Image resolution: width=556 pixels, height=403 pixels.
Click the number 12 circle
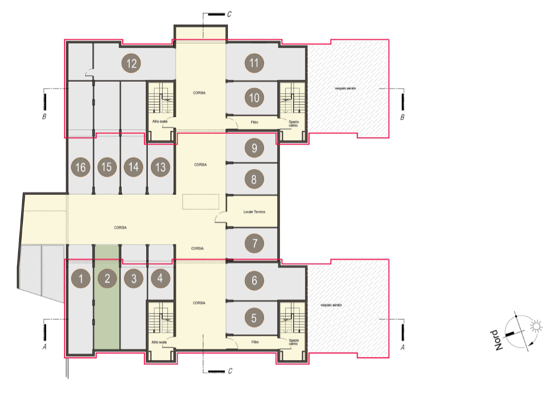[x=131, y=64]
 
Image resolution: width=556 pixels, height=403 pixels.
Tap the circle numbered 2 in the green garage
[x=107, y=278]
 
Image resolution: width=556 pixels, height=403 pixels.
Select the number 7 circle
[x=254, y=243]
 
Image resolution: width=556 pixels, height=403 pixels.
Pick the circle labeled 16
[x=81, y=167]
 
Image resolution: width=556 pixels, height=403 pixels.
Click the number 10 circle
[x=254, y=98]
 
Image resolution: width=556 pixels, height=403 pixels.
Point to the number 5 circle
[x=254, y=318]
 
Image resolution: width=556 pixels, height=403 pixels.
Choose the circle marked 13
[x=160, y=167]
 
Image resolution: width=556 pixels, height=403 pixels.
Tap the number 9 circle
[x=254, y=148]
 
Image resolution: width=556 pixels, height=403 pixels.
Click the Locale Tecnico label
[x=254, y=212]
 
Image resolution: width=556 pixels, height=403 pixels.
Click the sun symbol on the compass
[x=536, y=326]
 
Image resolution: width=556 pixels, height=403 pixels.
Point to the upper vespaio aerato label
[x=345, y=88]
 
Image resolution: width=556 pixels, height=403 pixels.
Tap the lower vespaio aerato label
[x=331, y=305]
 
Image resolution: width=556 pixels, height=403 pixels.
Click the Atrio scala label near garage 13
[x=160, y=121]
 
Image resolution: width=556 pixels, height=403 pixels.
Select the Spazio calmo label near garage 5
[x=294, y=342]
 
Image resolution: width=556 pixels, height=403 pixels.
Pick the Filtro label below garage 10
[x=255, y=122]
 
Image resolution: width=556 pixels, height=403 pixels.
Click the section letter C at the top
[x=229, y=14]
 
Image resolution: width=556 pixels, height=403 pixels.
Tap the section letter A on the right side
[x=403, y=347]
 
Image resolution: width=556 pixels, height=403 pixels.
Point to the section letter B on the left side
[x=44, y=116]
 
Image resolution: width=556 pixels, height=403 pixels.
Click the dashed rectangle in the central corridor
[x=200, y=202]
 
